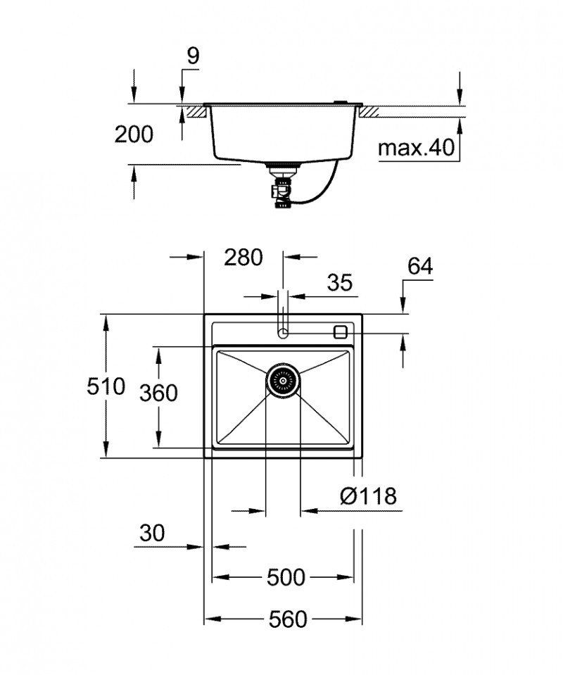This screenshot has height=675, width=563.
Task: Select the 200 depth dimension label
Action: [134, 134]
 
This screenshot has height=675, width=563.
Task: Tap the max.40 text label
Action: [417, 149]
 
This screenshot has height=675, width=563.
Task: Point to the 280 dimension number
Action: [243, 258]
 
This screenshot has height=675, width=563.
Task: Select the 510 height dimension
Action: [106, 386]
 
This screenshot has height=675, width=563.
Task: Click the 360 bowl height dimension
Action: [158, 392]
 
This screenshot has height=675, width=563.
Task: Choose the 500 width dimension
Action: [286, 578]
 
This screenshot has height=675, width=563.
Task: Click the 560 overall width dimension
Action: [288, 619]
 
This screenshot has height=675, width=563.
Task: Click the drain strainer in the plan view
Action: [283, 381]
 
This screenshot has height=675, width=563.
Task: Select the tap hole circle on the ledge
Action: [282, 332]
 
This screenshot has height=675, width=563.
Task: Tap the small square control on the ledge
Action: [341, 332]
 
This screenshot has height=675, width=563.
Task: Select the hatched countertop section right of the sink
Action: [371, 111]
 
